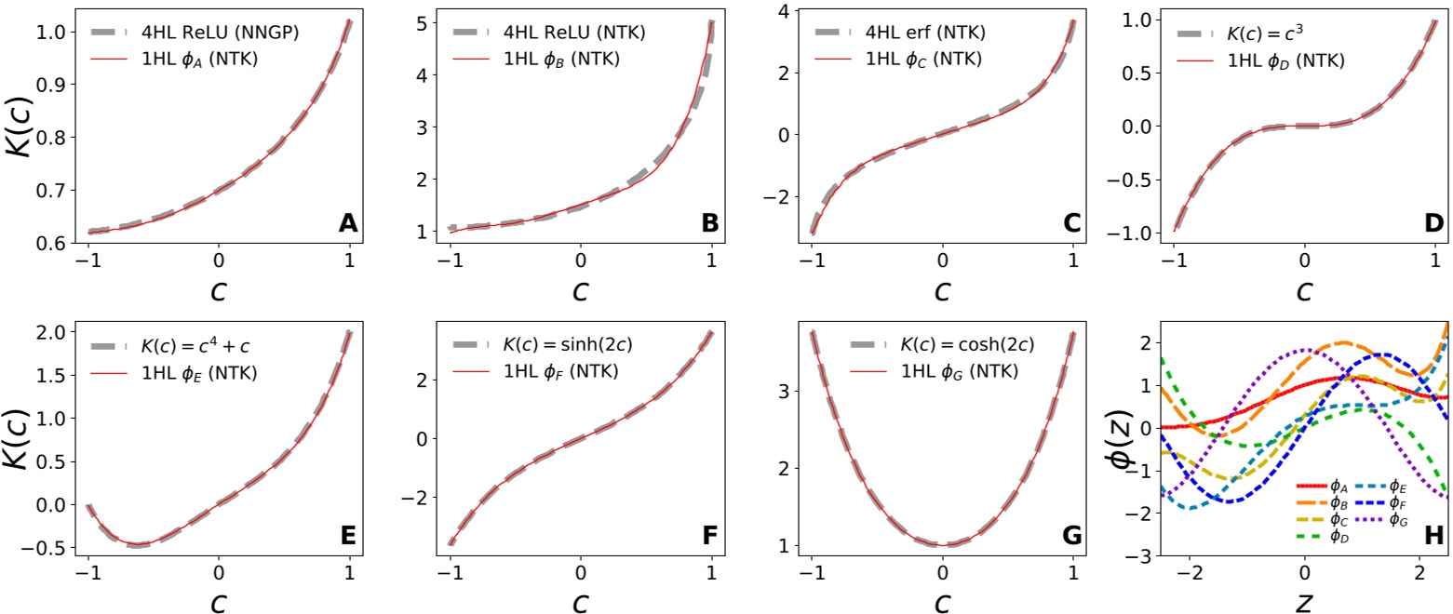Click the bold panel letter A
pyautogui.click(x=347, y=223)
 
